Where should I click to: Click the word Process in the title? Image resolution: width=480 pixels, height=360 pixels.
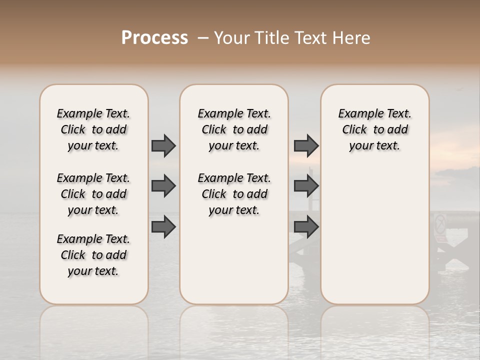pos(154,38)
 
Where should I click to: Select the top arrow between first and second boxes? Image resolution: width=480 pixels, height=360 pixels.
pos(163,145)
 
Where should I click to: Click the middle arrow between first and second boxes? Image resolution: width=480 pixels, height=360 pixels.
pos(163,186)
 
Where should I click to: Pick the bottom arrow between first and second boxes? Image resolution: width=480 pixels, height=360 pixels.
pos(163,226)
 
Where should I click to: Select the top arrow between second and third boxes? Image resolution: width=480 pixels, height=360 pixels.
pos(306,145)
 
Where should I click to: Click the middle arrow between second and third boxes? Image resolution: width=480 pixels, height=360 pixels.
pos(306,186)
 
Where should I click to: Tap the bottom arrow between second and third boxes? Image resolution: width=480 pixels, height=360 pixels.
pos(306,226)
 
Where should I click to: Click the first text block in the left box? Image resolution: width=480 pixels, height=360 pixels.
pos(93,129)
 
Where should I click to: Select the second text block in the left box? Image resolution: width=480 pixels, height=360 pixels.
pos(93,194)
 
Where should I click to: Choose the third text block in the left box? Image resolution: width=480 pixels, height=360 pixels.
pos(93,255)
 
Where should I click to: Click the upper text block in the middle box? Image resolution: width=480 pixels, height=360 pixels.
pos(234,129)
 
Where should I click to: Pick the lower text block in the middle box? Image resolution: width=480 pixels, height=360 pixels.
pos(234,194)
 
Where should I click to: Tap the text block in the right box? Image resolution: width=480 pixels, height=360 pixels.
pos(374,129)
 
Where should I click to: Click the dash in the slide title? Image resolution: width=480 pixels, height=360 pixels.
pos(202,38)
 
